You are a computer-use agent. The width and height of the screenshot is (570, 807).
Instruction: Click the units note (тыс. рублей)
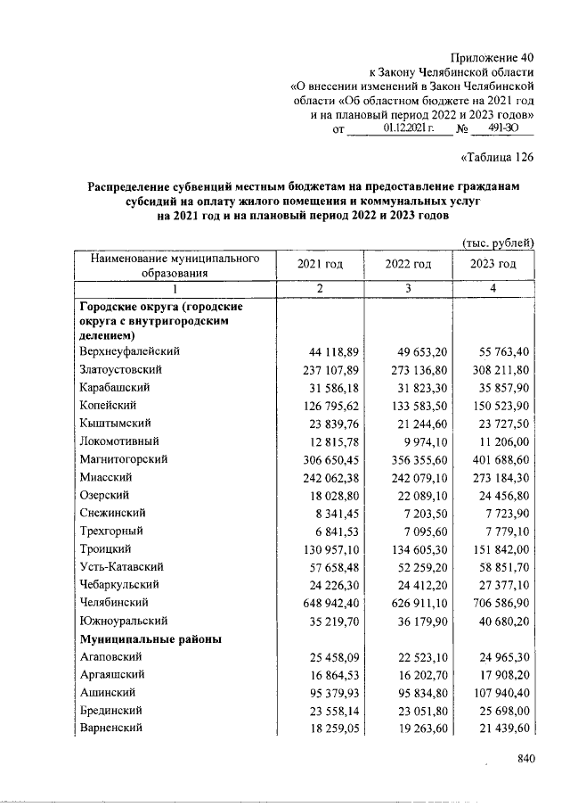(497, 242)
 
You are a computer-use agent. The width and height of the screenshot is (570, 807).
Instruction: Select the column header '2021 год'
(320, 265)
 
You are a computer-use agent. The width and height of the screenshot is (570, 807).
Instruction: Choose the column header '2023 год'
(493, 265)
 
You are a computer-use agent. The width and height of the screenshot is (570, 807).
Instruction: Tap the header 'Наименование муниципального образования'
(175, 266)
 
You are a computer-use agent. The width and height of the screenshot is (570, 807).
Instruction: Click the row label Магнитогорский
(123, 459)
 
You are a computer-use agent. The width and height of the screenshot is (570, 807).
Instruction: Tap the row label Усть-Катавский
(119, 566)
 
